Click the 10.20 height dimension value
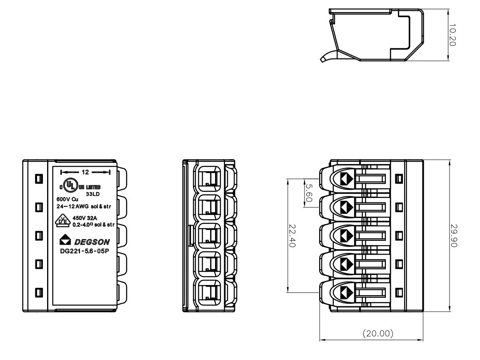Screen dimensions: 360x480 pyautogui.click(x=454, y=35)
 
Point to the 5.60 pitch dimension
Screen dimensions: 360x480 pyautogui.click(x=309, y=193)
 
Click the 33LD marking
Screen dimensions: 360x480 pyautogui.click(x=93, y=193)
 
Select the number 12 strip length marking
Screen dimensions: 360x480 pyautogui.click(x=85, y=172)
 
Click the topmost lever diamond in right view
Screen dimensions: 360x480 pyautogui.click(x=346, y=178)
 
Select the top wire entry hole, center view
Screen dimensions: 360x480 pyautogui.click(x=209, y=179)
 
